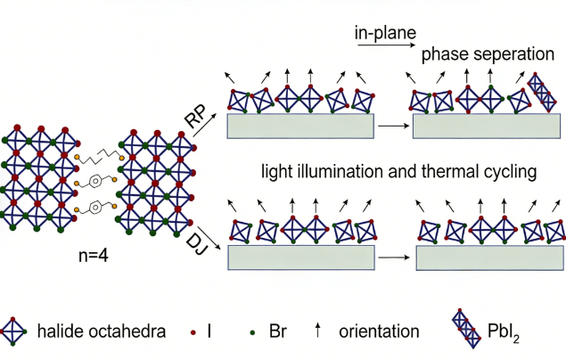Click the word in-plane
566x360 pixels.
[x=385, y=35]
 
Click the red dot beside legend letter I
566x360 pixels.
[x=194, y=332]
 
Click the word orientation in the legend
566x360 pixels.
[x=379, y=331]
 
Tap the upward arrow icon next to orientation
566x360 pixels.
[x=317, y=331]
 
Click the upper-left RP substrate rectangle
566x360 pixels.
[x=300, y=126]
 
